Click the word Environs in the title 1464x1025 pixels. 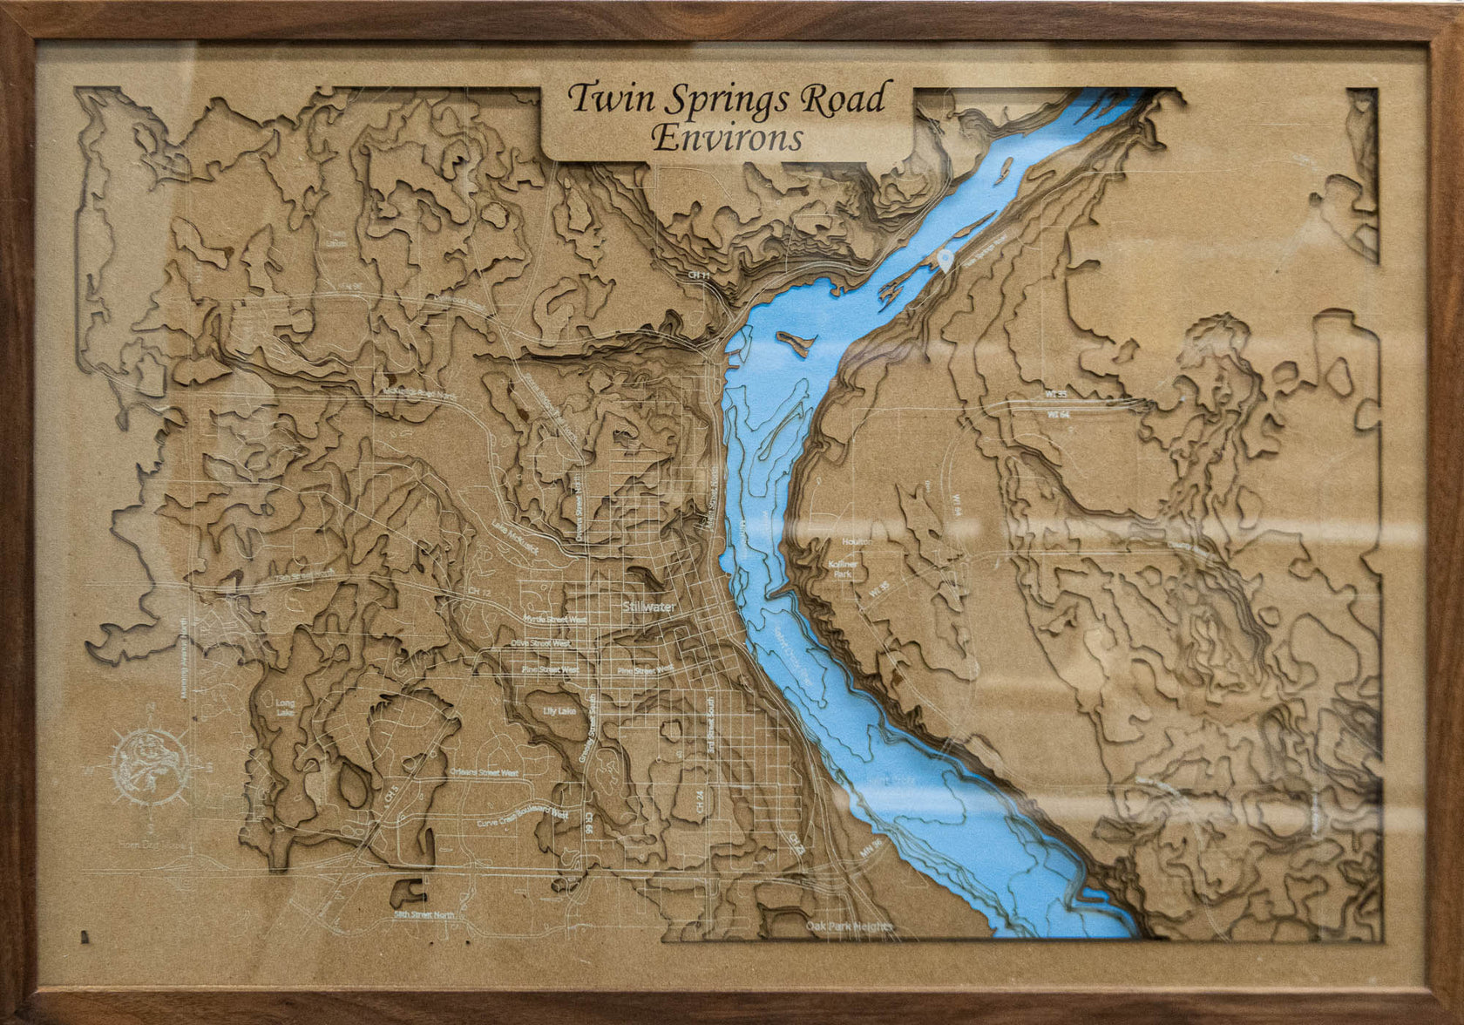(x=727, y=138)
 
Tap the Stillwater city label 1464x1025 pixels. (x=649, y=607)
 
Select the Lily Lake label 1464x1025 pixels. (x=559, y=712)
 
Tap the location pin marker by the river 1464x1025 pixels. (x=946, y=260)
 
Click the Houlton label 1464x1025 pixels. (x=857, y=541)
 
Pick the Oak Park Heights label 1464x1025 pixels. (x=849, y=926)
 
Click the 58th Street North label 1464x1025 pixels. (x=424, y=914)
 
